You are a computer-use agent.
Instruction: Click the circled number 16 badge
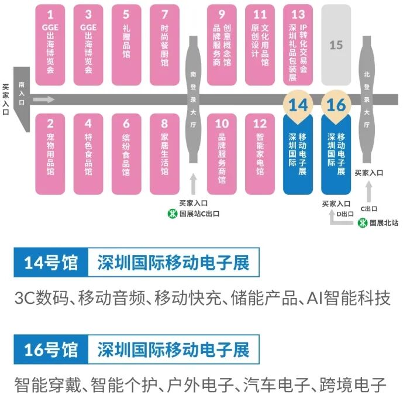pos(336,105)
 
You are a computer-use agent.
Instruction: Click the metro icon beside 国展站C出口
pos(173,214)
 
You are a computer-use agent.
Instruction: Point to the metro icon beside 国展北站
pos(363,222)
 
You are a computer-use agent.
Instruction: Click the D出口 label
pos(346,214)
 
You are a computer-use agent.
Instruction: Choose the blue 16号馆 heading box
pos(50,351)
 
